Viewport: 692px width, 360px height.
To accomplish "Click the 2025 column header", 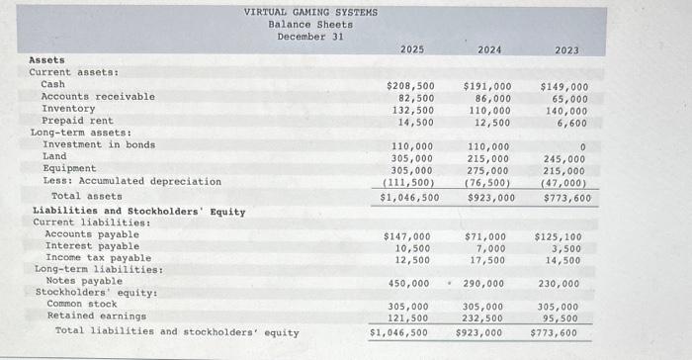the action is tap(413, 49).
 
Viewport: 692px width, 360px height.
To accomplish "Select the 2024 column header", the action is tap(489, 49).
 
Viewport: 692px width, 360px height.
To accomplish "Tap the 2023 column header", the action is tap(566, 49).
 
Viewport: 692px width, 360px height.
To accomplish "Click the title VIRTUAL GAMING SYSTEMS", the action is tap(310, 13).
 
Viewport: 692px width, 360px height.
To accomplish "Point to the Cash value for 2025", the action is tap(410, 86).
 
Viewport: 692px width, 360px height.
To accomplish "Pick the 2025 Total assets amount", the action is tap(410, 197).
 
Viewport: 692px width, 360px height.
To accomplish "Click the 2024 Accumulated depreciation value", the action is tap(488, 182).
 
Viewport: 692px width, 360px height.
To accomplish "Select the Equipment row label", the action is tap(69, 169).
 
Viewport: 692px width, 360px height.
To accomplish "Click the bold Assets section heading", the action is tap(46, 60).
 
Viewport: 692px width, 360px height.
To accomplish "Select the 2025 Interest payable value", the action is tap(412, 247).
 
